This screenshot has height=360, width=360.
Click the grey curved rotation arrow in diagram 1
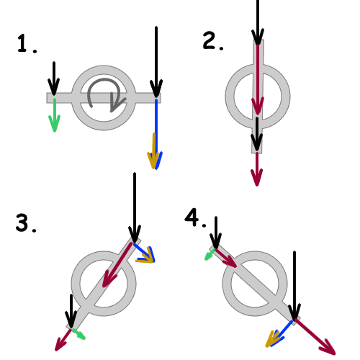tap(106, 80)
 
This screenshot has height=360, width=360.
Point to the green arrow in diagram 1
tap(55, 114)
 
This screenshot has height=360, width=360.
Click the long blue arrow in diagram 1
tap(156, 134)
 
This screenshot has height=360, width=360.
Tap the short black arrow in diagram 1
tap(54, 78)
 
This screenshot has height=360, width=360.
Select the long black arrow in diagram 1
tap(156, 62)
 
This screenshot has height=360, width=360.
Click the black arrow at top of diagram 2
tap(258, 22)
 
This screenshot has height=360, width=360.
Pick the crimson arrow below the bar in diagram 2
tap(257, 169)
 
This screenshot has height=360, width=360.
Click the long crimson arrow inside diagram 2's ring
tap(258, 79)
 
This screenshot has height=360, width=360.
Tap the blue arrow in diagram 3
tap(144, 253)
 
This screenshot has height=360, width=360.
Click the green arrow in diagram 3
tap(78, 333)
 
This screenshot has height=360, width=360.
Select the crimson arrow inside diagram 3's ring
tap(117, 265)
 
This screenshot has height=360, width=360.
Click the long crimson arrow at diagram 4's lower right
tap(315, 337)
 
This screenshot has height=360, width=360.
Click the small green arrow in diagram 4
tap(210, 254)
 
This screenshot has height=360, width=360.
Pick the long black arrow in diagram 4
tap(294, 286)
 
